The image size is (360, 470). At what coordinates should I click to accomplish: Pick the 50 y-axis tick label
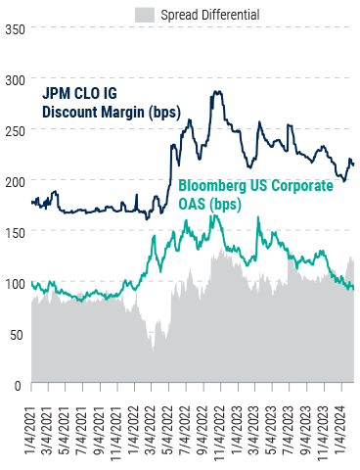tap(15, 334)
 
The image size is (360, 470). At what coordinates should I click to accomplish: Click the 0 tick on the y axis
tap(19, 385)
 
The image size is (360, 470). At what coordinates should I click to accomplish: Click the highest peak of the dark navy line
tap(215, 92)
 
